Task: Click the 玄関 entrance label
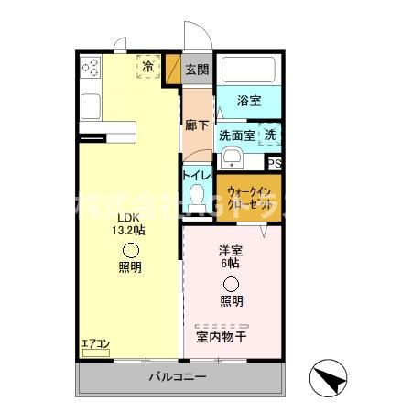click(196, 70)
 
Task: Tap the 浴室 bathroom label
click(249, 102)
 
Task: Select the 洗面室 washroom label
click(237, 136)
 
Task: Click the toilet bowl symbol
click(197, 194)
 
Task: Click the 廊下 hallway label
click(196, 125)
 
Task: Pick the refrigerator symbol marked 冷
click(147, 68)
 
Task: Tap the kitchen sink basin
click(91, 106)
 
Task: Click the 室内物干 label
click(222, 336)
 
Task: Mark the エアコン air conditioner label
click(95, 344)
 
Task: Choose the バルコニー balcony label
click(178, 377)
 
